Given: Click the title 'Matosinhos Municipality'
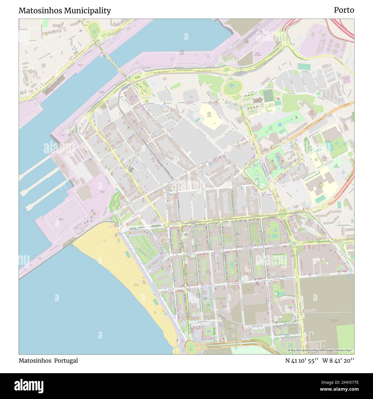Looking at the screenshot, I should click(x=65, y=11).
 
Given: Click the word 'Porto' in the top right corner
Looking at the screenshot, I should click(x=344, y=10).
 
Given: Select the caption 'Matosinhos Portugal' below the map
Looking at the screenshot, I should click(x=48, y=361).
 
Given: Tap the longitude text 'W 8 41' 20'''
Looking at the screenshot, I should click(x=338, y=361).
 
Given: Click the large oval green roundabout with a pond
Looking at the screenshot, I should click(x=233, y=86).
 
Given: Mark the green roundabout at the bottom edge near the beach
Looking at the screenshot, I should click(x=190, y=348).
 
